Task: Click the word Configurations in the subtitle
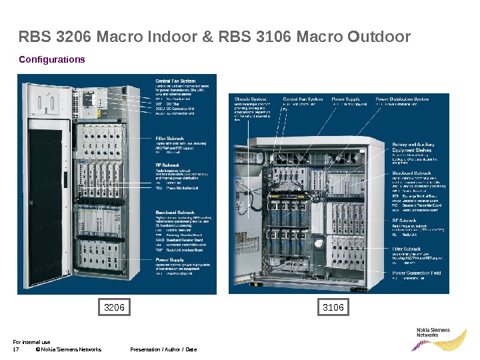[52, 59]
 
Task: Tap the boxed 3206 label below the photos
[115, 307]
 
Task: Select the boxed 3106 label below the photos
[333, 307]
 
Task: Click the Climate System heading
[250, 99]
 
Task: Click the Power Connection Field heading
[416, 273]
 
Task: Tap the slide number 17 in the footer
[16, 349]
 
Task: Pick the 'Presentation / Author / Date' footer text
[163, 349]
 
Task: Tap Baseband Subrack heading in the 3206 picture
[175, 213]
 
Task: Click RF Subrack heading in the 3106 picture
[404, 220]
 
